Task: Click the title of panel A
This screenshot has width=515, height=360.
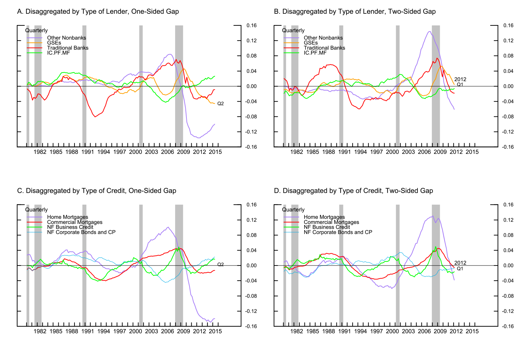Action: [98, 11]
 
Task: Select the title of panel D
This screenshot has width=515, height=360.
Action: [353, 191]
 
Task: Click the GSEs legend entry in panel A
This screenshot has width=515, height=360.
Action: [54, 43]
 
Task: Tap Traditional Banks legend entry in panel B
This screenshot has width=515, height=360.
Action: [324, 48]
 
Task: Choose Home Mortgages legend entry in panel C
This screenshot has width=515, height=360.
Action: [67, 217]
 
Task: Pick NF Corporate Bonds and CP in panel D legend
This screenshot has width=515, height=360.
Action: [338, 232]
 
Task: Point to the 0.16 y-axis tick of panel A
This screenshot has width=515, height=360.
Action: [251, 25]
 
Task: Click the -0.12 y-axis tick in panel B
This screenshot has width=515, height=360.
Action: [508, 132]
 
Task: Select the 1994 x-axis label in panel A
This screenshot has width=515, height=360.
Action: [104, 152]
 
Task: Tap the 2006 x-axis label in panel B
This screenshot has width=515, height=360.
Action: [424, 152]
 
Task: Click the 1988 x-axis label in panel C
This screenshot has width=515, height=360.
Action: [72, 331]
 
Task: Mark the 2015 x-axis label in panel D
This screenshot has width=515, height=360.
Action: [472, 331]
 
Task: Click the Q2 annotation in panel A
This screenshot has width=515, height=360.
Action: [220, 104]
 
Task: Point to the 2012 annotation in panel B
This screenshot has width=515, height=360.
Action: [460, 79]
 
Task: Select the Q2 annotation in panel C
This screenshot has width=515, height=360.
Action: [220, 265]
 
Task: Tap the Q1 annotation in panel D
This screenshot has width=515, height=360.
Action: [460, 269]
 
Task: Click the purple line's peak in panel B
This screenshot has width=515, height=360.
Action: [429, 32]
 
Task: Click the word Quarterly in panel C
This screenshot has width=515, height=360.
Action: [36, 210]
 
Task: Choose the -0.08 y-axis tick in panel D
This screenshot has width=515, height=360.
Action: [508, 296]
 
